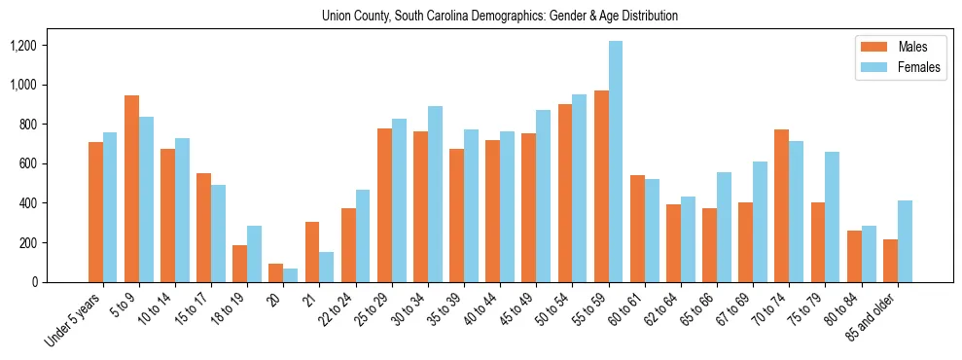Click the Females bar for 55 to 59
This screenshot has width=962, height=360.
coord(616,162)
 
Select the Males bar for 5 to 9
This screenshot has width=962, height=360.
coord(131,189)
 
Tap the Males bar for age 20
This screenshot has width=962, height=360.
coord(275,273)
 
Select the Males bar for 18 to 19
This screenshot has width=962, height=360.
coord(239,264)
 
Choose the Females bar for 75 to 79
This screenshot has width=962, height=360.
coord(833,217)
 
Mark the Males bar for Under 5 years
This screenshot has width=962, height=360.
coord(95,212)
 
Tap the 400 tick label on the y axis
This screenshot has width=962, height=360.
coord(54,203)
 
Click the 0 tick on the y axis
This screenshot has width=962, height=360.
coord(60,282)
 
